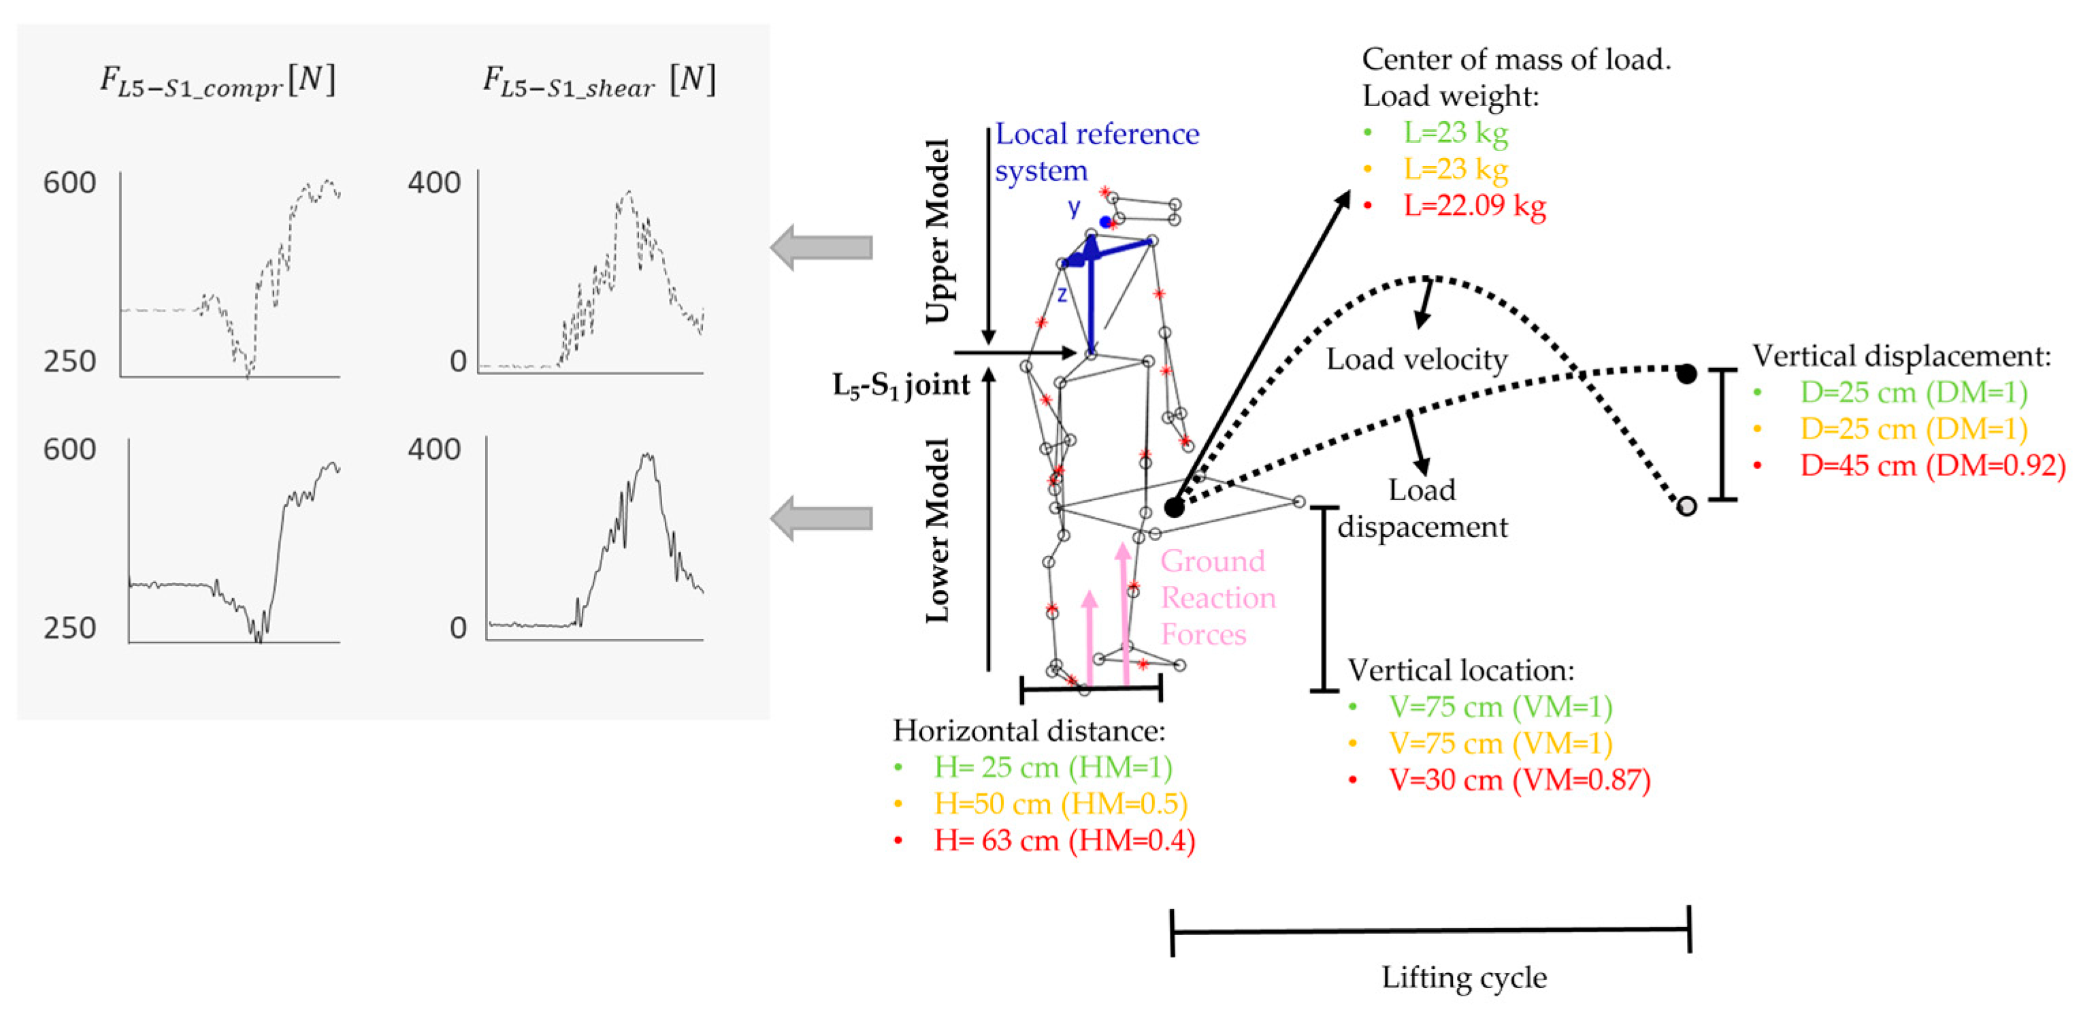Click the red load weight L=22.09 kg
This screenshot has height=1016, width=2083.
pyautogui.click(x=1474, y=206)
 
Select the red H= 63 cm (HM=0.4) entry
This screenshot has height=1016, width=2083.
pyautogui.click(x=1064, y=840)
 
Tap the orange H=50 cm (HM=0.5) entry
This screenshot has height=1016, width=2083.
pyautogui.click(x=1060, y=804)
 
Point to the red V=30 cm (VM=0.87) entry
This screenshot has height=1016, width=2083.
pyautogui.click(x=1520, y=780)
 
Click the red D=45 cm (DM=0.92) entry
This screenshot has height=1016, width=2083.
pyautogui.click(x=1932, y=466)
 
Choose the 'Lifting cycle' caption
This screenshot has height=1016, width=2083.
pyautogui.click(x=1464, y=977)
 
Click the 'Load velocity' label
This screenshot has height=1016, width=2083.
pyautogui.click(x=1417, y=359)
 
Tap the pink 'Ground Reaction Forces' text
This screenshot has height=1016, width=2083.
pyautogui.click(x=1217, y=597)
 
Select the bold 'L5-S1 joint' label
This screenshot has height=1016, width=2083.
pyautogui.click(x=901, y=385)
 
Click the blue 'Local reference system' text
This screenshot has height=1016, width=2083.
pyautogui.click(x=1096, y=152)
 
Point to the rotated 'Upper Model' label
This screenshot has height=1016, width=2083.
pyautogui.click(x=937, y=231)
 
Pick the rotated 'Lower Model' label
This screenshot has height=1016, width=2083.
pyautogui.click(x=937, y=530)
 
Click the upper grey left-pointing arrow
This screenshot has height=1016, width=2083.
pyautogui.click(x=821, y=247)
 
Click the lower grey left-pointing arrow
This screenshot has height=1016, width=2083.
pyautogui.click(x=821, y=518)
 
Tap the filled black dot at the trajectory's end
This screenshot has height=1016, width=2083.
pyautogui.click(x=1686, y=374)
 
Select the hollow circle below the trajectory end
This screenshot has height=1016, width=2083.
pyautogui.click(x=1686, y=506)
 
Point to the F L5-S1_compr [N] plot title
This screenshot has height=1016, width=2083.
pyautogui.click(x=216, y=82)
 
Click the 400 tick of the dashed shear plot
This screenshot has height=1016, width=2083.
pyautogui.click(x=434, y=183)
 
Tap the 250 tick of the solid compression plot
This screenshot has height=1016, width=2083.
pyautogui.click(x=69, y=627)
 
